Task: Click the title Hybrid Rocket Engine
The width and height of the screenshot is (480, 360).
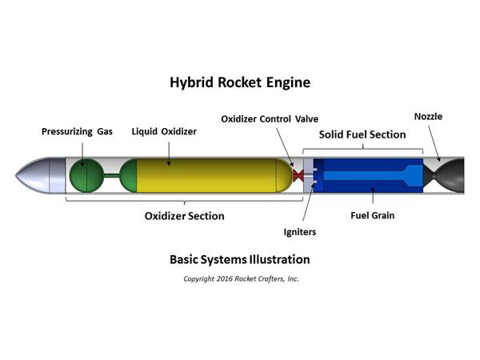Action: pos(239,82)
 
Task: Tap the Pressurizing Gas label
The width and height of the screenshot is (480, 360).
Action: pos(78,130)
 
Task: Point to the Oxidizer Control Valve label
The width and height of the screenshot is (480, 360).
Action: pos(270,119)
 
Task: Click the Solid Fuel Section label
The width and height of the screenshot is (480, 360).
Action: pos(362,134)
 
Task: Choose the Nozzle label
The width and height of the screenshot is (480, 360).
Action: pos(428,117)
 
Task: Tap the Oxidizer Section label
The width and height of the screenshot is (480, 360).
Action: pos(184,216)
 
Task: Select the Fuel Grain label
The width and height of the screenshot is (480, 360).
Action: pos(373,215)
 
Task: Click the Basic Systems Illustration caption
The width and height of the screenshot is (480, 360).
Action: pos(239,259)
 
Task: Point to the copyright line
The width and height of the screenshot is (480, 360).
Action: pos(240,278)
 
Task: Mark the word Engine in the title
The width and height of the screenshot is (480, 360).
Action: pos(287,83)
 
